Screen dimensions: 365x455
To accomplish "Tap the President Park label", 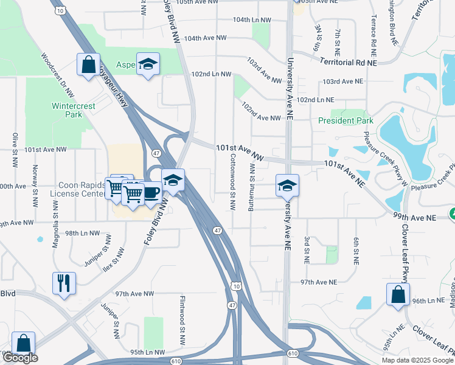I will [x=346, y=120].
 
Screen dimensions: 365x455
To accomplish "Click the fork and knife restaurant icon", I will [x=64, y=283].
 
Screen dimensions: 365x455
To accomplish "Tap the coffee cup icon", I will [x=150, y=192].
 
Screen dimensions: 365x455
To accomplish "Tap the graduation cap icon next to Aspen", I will [x=147, y=64].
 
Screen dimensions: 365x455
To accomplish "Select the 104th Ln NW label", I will [x=251, y=20].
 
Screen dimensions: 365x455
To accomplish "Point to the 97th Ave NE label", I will [x=319, y=282].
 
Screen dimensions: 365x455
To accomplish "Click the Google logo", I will [x=20, y=358].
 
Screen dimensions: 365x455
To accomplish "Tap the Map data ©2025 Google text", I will [x=417, y=360].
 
